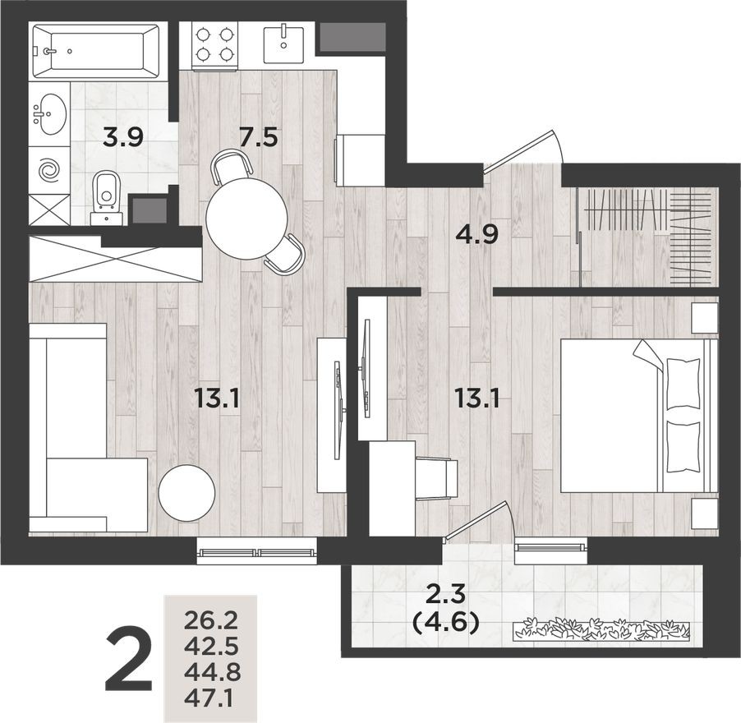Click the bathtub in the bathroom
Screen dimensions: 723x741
pos(95,51)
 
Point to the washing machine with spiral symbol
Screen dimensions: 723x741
pos(49,171)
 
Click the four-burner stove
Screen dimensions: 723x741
pos(215,44)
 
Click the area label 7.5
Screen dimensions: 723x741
pos(257,136)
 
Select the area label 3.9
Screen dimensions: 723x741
pos(123,136)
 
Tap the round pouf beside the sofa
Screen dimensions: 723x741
pos(186,493)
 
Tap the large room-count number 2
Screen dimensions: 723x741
pos(129,660)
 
